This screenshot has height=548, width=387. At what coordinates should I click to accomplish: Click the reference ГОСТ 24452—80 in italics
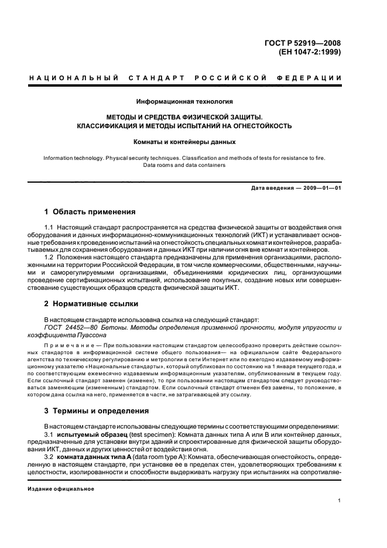coord(70,328)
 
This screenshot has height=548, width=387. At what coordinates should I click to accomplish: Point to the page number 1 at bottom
coord(340,501)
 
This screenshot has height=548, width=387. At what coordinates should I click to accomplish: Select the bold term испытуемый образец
coord(90,436)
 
